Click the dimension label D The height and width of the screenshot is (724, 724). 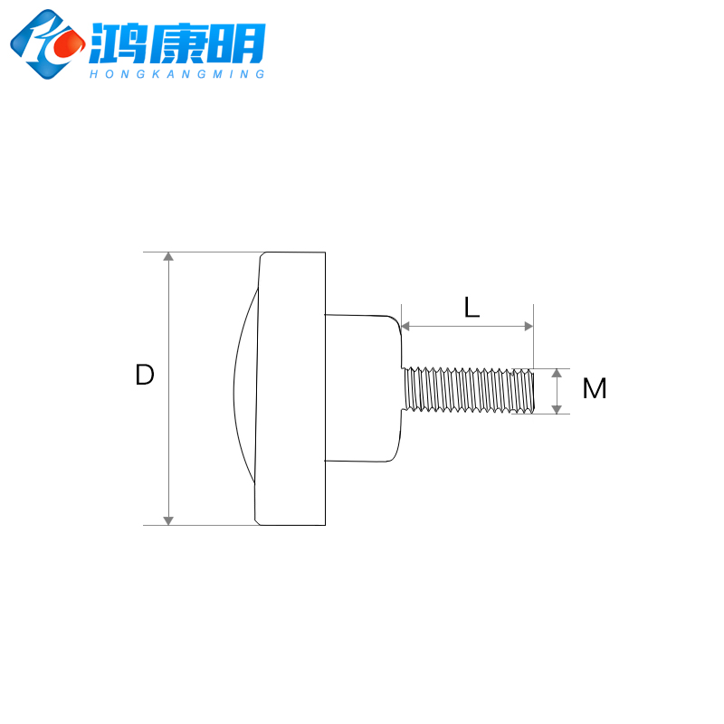click(x=145, y=376)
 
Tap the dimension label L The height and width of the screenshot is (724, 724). click(x=472, y=308)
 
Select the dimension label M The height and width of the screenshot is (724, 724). click(x=595, y=389)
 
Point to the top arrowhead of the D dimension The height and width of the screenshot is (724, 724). click(x=168, y=258)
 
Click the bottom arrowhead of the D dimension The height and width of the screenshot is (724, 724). click(x=168, y=519)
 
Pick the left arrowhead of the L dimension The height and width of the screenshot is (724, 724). click(x=407, y=326)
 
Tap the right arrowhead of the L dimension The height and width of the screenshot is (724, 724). click(x=528, y=326)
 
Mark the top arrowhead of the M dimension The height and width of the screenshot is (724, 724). click(x=557, y=374)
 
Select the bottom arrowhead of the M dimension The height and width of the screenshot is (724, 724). click(x=557, y=409)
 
